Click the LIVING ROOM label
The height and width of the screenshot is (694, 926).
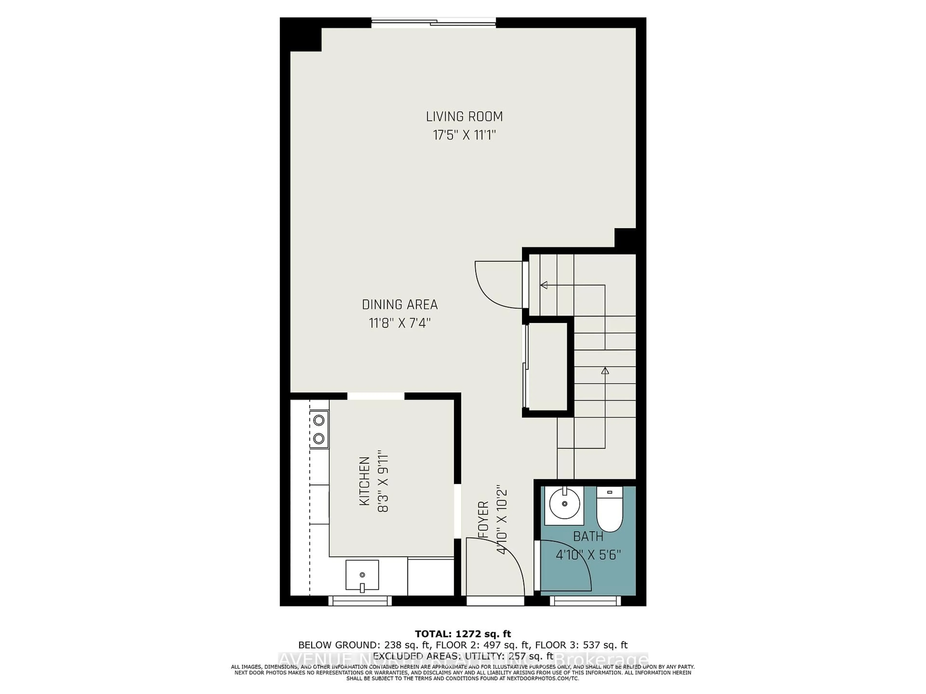coord(464,117)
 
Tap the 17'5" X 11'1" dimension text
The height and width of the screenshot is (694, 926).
coord(464,135)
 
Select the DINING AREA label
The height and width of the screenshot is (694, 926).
coord(400,305)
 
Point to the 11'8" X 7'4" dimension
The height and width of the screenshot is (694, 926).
coord(400,323)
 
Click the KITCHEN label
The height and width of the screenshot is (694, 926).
coord(365,481)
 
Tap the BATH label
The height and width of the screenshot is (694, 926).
coord(588,536)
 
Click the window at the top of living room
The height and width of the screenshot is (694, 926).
coord(434,23)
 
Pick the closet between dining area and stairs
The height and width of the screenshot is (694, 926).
coord(548,367)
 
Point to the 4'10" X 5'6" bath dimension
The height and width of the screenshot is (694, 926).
coord(588,555)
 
